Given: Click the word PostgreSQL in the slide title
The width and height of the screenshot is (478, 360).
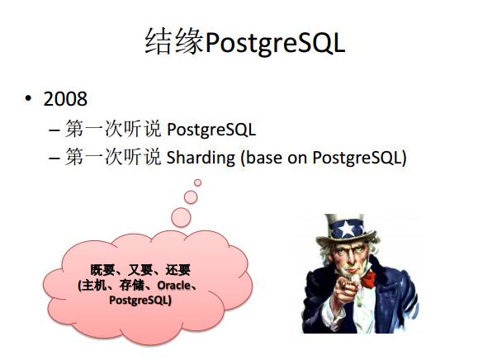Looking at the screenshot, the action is click(275, 43).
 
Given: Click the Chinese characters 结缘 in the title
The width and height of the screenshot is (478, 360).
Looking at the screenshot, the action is click(174, 41).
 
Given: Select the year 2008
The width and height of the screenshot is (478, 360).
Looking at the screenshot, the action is click(65, 99).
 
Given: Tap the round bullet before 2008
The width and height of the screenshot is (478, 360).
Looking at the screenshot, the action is click(28, 99).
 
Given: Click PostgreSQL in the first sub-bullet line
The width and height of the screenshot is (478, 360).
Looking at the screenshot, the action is click(211, 130).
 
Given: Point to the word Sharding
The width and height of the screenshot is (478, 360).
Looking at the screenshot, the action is click(201, 158).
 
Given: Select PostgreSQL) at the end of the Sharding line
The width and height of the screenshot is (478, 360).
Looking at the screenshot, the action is click(359, 158).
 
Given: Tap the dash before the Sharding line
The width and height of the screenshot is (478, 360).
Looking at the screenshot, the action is click(54, 159).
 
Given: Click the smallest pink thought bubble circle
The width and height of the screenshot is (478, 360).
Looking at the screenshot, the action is click(197, 182).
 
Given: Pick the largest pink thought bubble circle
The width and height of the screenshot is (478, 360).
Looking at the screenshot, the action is click(181, 217).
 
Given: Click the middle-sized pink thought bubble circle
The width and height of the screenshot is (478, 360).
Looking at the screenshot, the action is click(191, 197).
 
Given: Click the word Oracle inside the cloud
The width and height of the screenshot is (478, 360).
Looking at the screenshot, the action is click(173, 286).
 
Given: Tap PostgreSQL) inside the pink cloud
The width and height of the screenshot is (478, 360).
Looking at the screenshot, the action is click(140, 300).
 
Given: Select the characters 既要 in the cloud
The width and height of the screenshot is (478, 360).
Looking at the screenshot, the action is click(102, 270).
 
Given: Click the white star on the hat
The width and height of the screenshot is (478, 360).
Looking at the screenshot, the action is click(347, 229).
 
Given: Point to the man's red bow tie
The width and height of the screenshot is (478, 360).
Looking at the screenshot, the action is click(369, 278).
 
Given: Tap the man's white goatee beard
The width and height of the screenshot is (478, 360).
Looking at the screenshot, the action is click(354, 276).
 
